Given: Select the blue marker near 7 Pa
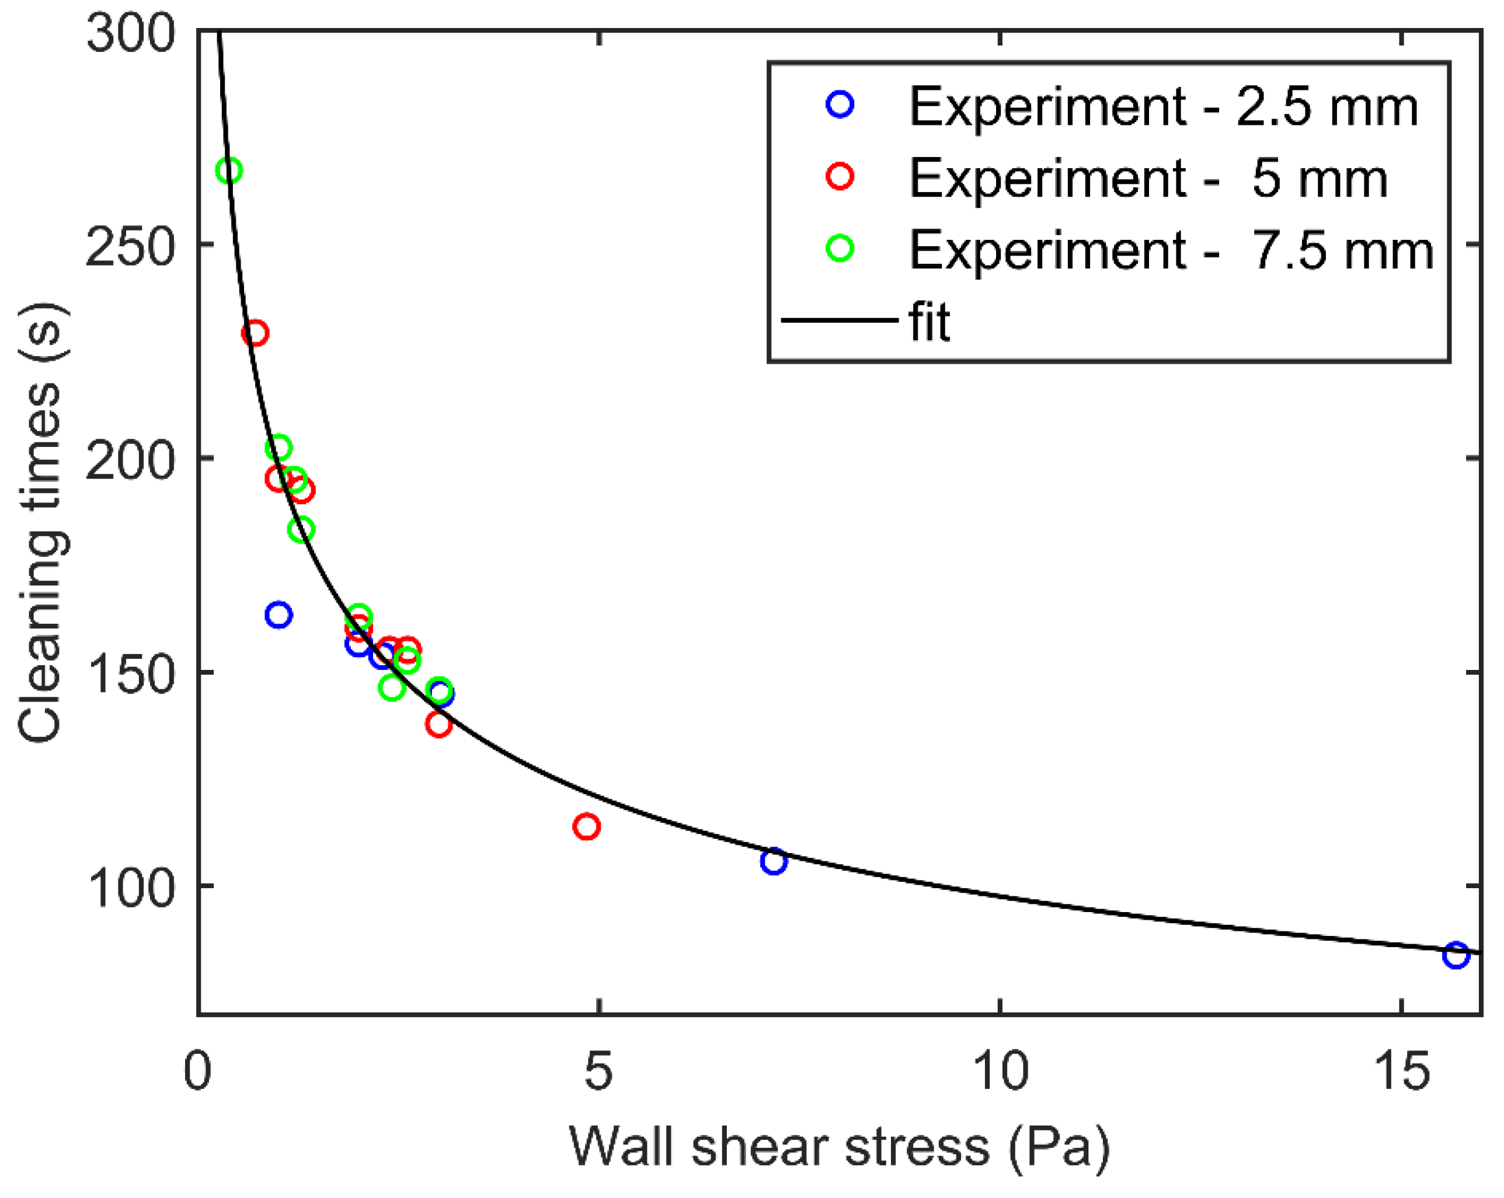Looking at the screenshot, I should click(773, 861).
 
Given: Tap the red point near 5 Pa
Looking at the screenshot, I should click(587, 826).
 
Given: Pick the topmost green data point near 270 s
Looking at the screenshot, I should click(229, 170).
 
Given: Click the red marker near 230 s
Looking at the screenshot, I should click(255, 333).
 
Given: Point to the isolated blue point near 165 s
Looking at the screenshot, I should click(278, 614).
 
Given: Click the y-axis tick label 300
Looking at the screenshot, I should click(130, 32).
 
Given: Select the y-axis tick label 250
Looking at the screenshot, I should click(130, 246).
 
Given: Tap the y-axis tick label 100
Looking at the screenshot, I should click(130, 888).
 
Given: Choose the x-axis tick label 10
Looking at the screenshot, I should click(1000, 1070).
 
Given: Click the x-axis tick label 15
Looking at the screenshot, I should click(1401, 1070).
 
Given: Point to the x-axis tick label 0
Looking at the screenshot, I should click(197, 1070).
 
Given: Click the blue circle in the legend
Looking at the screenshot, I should click(840, 104).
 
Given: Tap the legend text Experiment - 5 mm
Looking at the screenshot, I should click(1147, 179).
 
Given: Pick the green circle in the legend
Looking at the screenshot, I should click(840, 248).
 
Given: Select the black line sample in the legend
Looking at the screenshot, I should click(839, 320).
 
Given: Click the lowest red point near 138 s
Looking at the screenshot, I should click(438, 724).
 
